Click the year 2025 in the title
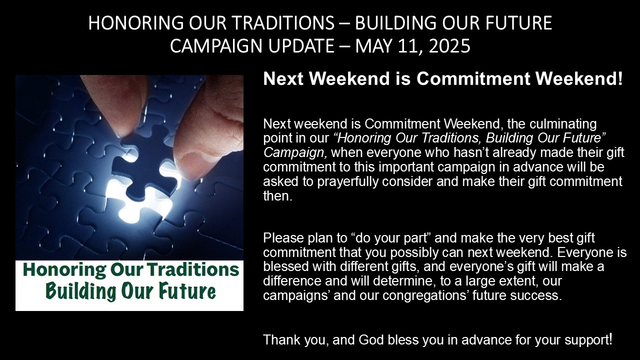[449, 45]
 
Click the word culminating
[563, 124]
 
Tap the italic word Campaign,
[295, 153]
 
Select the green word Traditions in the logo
[193, 269]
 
